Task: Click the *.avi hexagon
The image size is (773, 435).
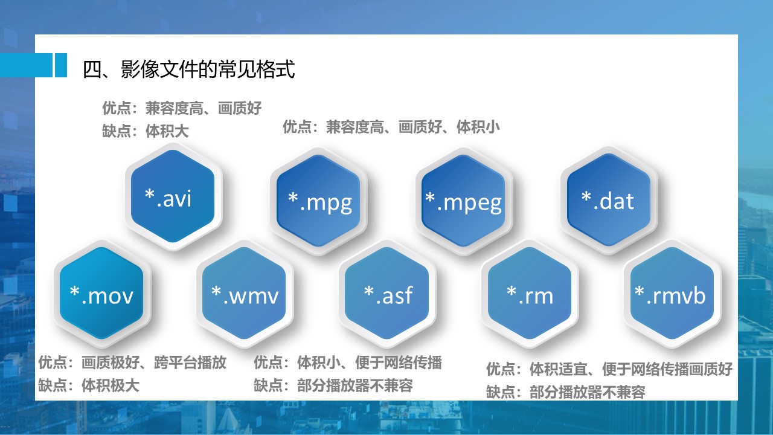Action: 173,196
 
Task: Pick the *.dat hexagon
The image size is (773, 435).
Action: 609,200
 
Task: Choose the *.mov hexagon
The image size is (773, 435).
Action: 102,294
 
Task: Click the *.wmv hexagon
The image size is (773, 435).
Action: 245,294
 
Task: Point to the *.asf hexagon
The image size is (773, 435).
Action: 387,294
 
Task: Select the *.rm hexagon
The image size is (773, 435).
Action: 530,294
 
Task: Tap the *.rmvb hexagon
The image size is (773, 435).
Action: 672,294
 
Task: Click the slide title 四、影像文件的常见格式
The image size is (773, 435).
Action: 189,69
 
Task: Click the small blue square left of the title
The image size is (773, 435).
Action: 61,65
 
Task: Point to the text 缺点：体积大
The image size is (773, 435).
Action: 146,131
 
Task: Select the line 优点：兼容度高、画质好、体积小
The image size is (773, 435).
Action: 391,127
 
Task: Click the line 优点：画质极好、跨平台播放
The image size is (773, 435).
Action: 132,362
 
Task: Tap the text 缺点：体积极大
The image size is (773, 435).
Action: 89,385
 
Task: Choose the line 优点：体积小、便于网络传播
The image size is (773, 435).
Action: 348,362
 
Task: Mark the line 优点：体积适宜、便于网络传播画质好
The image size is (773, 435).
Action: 609,369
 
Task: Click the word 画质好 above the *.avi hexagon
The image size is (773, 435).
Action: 240,108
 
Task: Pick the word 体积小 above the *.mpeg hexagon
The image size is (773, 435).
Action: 478,127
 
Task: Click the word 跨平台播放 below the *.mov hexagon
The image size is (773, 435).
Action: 190,362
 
